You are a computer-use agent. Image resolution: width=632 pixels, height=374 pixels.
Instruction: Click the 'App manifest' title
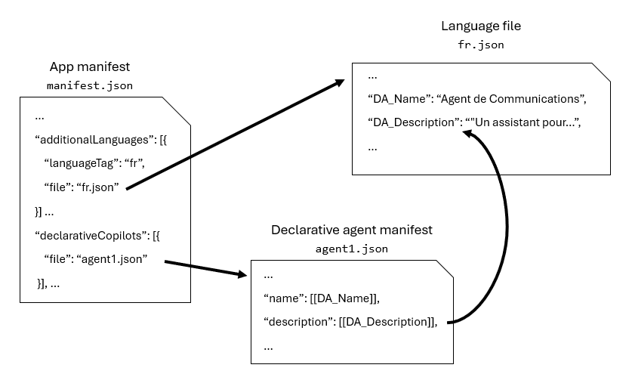pos(89,66)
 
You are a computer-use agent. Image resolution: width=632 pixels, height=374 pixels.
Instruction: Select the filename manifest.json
pos(89,85)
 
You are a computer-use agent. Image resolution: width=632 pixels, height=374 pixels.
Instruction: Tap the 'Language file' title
pos(481,26)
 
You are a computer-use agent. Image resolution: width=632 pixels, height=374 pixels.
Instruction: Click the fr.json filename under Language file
pos(481,45)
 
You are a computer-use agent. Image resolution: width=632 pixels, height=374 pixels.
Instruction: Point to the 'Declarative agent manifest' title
pos(352,229)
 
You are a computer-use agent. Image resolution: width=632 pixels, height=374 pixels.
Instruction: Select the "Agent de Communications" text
pos(511,99)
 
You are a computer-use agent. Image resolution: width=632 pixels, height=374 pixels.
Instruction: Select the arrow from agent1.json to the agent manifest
pos(204,269)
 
